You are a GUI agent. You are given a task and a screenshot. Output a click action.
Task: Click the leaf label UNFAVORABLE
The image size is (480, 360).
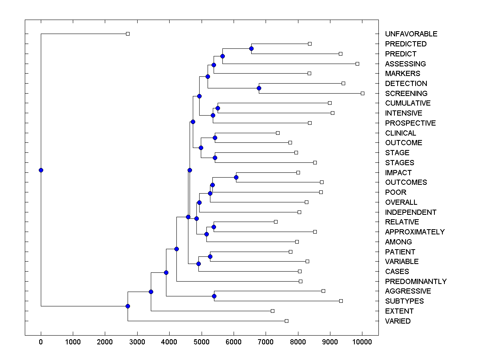pyautogui.click(x=411, y=34)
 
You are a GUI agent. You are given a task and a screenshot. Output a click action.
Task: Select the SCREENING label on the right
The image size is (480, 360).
pyautogui.click(x=406, y=94)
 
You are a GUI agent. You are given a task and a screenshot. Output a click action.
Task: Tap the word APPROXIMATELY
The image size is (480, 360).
pyautogui.click(x=415, y=232)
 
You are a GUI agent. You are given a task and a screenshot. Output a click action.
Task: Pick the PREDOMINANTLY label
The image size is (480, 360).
pyautogui.click(x=416, y=282)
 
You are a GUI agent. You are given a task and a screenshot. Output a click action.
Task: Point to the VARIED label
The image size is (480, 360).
pyautogui.click(x=398, y=321)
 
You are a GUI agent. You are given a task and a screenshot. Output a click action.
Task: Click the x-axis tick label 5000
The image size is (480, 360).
pyautogui.click(x=202, y=342)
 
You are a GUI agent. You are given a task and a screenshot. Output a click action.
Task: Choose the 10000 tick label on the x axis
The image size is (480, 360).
pyautogui.click(x=362, y=342)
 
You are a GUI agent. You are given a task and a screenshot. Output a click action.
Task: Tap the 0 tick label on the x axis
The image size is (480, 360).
pyautogui.click(x=41, y=342)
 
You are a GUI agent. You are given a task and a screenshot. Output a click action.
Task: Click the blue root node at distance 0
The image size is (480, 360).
pyautogui.click(x=41, y=170)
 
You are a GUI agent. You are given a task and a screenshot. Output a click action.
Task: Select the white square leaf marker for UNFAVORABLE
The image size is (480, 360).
pyautogui.click(x=128, y=34)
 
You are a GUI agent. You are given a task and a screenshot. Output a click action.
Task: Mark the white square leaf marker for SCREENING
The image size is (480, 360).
pyautogui.click(x=362, y=93)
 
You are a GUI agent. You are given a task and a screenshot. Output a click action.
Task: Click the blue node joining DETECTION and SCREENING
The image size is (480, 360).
pyautogui.click(x=259, y=88)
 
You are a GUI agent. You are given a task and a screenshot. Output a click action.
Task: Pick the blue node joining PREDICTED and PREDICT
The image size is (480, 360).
pyautogui.click(x=251, y=49)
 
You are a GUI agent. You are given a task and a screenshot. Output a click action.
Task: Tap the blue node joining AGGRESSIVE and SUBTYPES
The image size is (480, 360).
pyautogui.click(x=214, y=296)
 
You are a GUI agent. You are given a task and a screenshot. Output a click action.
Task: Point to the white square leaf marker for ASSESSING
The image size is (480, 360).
pyautogui.click(x=357, y=64)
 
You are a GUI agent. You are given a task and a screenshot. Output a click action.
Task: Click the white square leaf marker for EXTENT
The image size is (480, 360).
pyautogui.click(x=272, y=311)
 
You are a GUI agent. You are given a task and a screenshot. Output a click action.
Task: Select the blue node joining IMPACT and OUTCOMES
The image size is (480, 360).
pyautogui.click(x=236, y=177)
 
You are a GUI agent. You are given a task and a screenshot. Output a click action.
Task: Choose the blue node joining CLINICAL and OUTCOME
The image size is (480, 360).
pyautogui.click(x=215, y=138)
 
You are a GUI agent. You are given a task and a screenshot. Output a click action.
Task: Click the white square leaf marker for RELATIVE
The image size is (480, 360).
pyautogui.click(x=276, y=222)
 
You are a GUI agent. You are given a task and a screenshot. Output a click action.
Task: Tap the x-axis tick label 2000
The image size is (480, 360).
pyautogui.click(x=105, y=342)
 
